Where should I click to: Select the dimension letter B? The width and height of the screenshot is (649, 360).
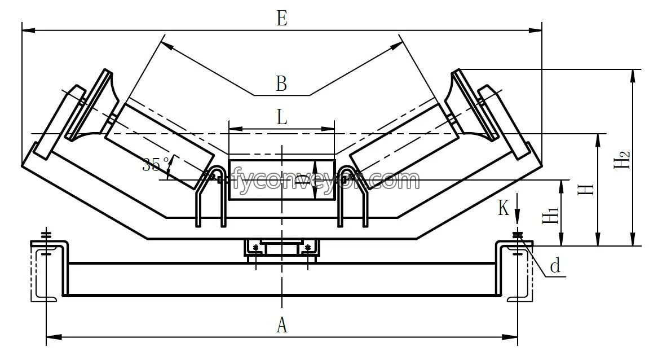point(281,84)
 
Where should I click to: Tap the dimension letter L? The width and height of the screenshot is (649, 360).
point(282,117)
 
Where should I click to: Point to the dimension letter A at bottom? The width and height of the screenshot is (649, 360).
point(282,325)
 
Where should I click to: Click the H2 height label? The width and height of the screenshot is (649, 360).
point(621,159)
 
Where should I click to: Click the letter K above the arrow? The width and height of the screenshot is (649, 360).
point(504,208)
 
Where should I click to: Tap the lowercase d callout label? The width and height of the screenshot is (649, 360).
point(555,266)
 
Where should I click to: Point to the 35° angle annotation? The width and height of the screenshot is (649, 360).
point(156,165)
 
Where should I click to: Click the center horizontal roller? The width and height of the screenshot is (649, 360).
point(281,179)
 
